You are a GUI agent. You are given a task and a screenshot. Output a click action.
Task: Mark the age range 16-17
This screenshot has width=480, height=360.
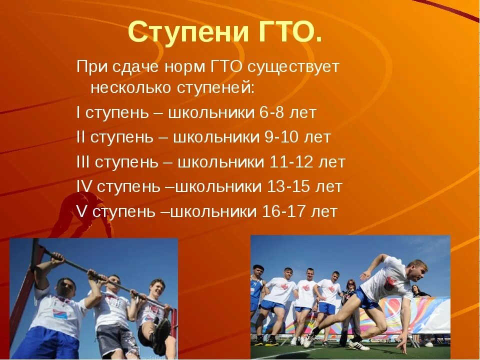[284, 211]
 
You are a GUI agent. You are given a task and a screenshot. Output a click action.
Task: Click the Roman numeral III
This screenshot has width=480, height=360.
[83, 162]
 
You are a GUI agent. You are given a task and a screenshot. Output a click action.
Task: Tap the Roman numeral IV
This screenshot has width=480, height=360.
[84, 186]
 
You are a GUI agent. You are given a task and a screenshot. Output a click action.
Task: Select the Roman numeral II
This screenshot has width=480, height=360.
[80, 137]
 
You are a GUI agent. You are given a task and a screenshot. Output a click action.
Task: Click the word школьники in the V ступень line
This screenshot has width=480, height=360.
[213, 211]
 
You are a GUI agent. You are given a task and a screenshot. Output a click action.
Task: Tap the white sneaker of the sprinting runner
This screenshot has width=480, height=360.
[358, 345]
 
